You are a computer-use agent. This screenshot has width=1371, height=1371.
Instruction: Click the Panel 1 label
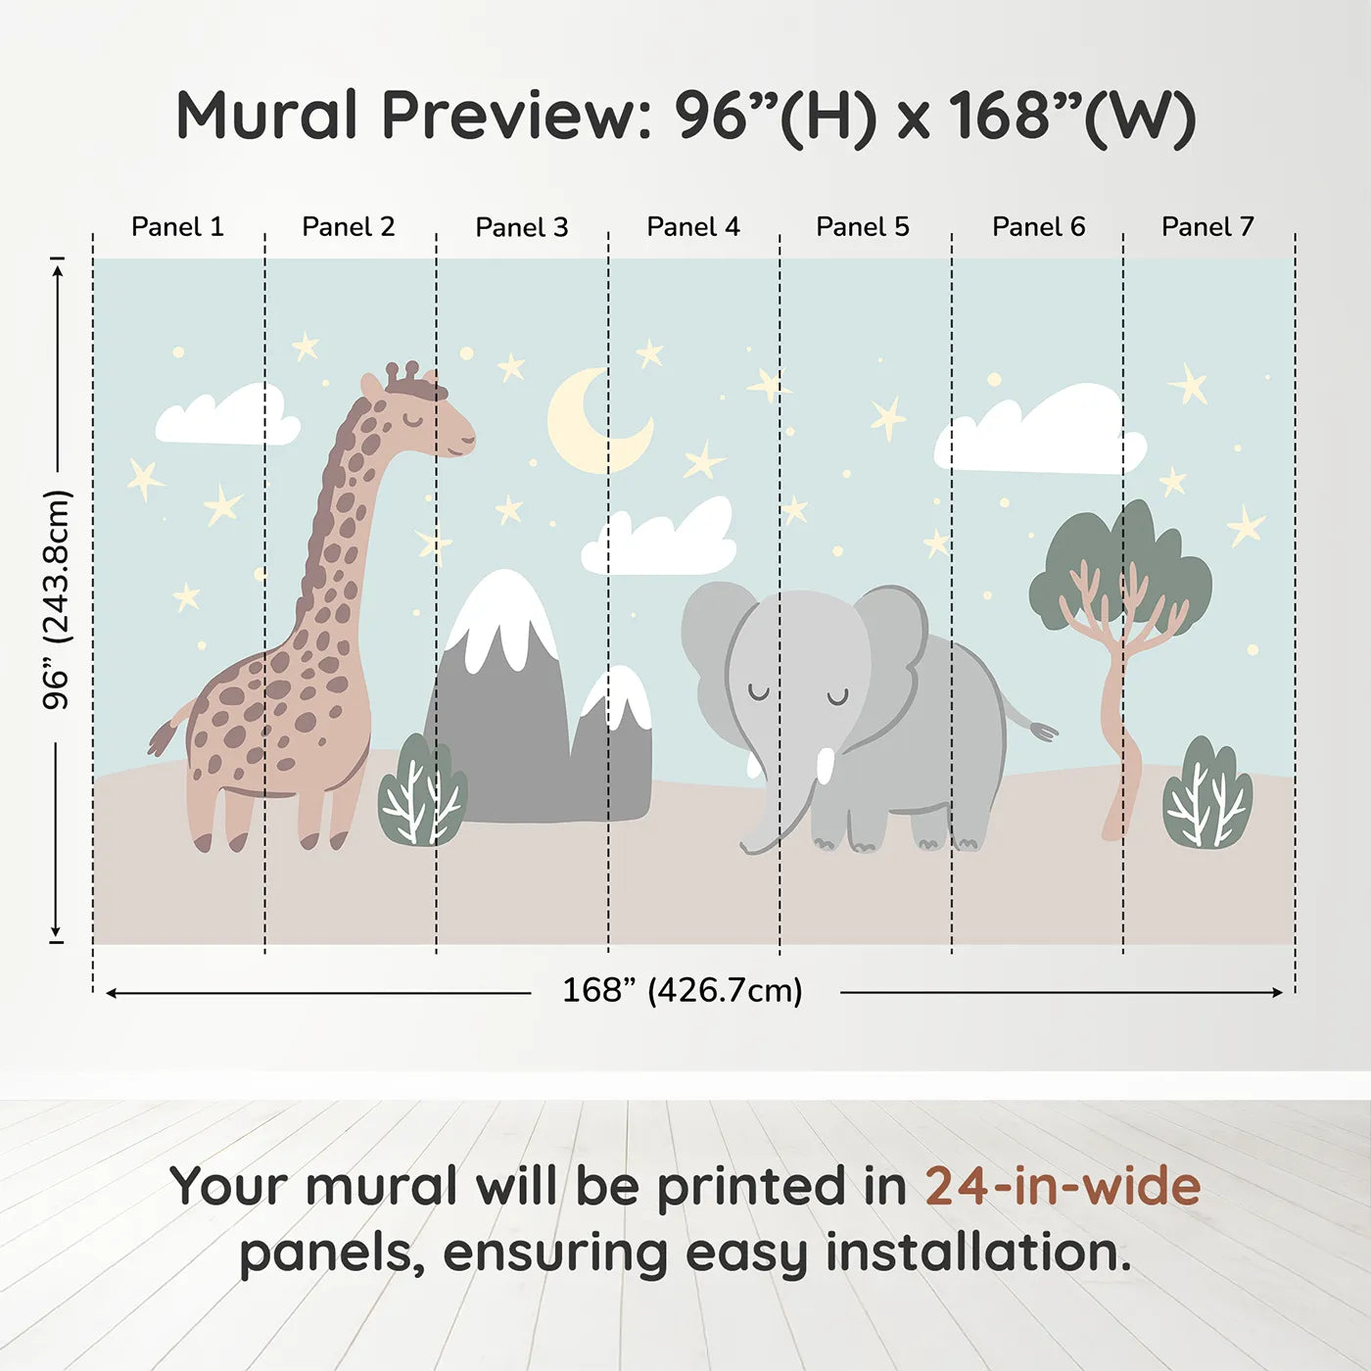pyautogui.click(x=177, y=227)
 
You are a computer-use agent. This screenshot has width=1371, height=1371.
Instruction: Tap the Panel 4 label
pyautogui.click(x=693, y=227)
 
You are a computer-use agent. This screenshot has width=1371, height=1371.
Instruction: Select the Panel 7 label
pyautogui.click(x=1207, y=227)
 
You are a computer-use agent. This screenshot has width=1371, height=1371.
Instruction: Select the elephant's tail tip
pyautogui.click(x=1044, y=731)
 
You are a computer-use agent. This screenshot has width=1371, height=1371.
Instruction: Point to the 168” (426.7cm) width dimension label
pyautogui.click(x=683, y=991)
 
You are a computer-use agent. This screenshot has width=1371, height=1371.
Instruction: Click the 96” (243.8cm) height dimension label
pyautogui.click(x=57, y=599)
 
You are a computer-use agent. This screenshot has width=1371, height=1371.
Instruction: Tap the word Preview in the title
pyautogui.click(x=509, y=116)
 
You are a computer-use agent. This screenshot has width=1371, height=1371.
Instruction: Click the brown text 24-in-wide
pyautogui.click(x=1063, y=1186)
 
